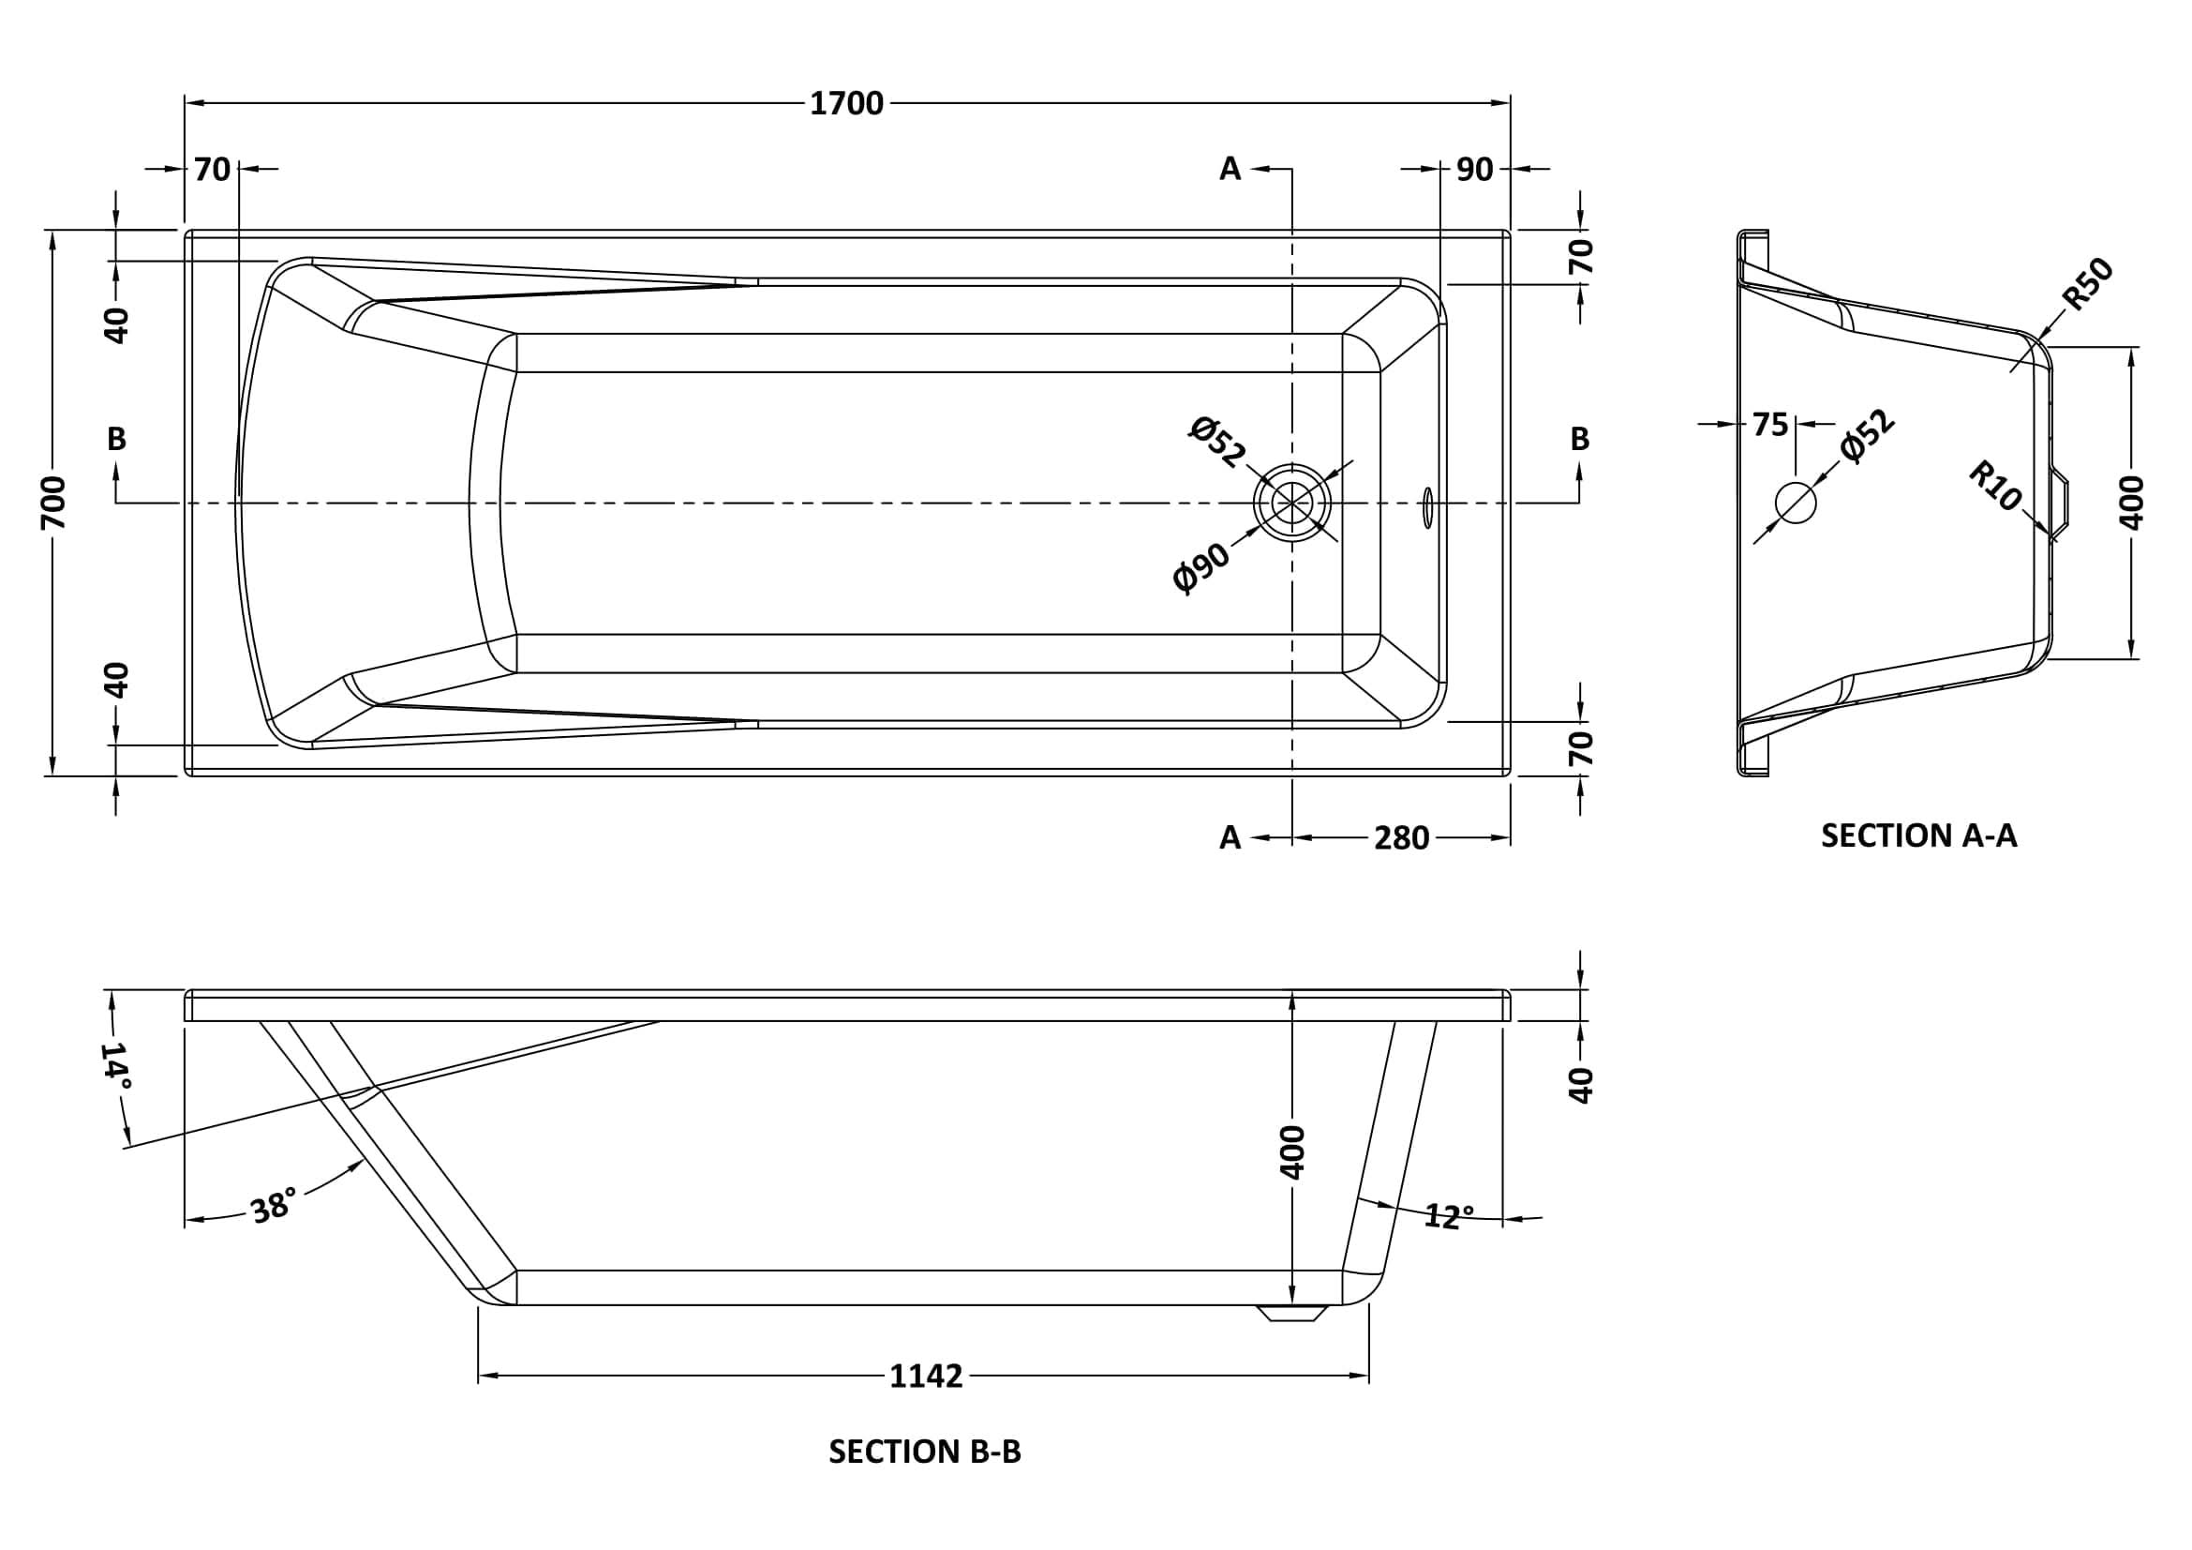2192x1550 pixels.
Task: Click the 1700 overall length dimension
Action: click(846, 103)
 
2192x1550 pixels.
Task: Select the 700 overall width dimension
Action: click(53, 503)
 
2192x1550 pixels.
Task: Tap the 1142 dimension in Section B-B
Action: click(925, 1377)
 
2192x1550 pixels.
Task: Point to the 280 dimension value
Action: click(1400, 838)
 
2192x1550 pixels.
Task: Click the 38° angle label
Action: click(272, 1207)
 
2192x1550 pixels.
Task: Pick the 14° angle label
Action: click(116, 1066)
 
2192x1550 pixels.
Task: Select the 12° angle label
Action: click(1448, 1217)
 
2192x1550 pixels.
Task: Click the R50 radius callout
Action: click(2088, 285)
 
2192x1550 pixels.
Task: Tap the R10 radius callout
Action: click(1995, 486)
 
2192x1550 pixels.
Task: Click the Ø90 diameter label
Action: click(1201, 567)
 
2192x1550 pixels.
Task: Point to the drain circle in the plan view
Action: click(1291, 504)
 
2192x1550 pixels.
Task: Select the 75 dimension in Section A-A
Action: click(1769, 425)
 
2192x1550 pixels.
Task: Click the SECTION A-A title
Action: click(1919, 835)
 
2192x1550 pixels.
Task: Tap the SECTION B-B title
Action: click(924, 1452)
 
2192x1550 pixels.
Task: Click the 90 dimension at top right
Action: click(1474, 170)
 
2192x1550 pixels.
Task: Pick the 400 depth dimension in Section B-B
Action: click(1291, 1151)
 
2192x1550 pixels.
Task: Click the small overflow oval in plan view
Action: click(1426, 507)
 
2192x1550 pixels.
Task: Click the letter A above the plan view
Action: click(1230, 169)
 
